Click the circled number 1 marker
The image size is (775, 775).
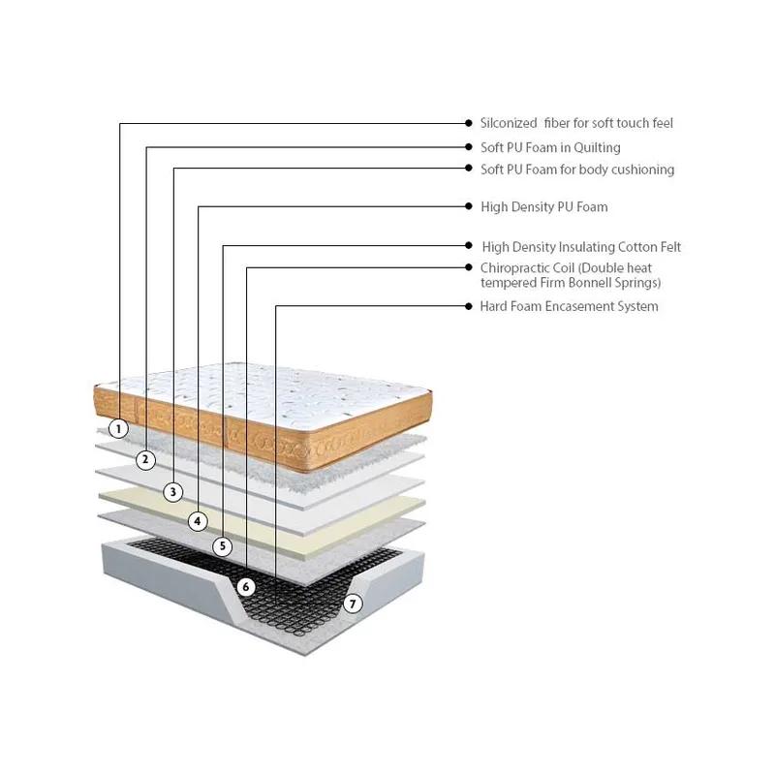click(118, 428)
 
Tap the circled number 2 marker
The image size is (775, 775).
click(145, 459)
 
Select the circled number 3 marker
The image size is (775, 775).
click(173, 492)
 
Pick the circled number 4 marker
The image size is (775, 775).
click(198, 521)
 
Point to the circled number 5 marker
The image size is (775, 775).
click(223, 546)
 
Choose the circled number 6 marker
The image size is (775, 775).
click(246, 587)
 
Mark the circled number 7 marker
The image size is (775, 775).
click(353, 604)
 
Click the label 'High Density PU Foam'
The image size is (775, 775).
click(544, 207)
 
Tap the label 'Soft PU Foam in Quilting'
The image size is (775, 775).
click(550, 148)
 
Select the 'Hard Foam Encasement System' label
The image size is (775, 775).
click(569, 306)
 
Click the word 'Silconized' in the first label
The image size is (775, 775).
click(509, 123)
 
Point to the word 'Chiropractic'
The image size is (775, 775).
click(527, 268)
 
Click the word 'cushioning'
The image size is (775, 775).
click(642, 170)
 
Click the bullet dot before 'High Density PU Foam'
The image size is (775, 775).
click(469, 206)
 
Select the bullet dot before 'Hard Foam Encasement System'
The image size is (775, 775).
click(469, 306)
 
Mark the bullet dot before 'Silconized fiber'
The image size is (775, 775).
click(469, 123)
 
